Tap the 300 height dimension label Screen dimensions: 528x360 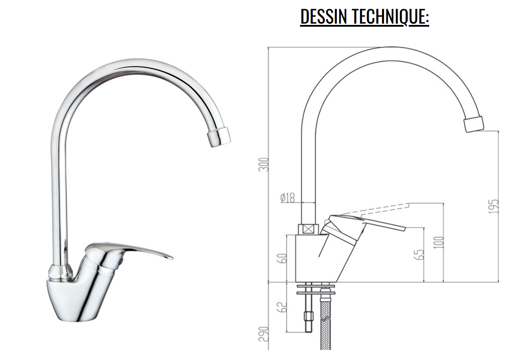pyautogui.click(x=263, y=164)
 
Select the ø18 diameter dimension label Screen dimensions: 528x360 pyautogui.click(x=287, y=198)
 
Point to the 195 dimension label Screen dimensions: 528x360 pyautogui.click(x=493, y=206)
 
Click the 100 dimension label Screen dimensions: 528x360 pyautogui.click(x=438, y=242)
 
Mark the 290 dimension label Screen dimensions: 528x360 pyautogui.click(x=263, y=334)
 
